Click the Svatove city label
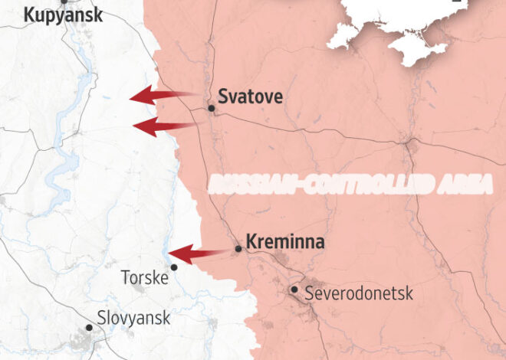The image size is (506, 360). point(251,97)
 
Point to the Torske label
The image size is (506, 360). point(145,277)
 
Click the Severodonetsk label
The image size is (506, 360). point(359,293)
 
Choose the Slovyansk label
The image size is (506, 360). point(133,317)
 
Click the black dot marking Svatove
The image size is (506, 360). point(212,109)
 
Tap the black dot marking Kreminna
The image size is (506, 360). point(238,249)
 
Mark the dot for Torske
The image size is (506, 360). point(174,267)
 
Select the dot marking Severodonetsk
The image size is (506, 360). point(294,290)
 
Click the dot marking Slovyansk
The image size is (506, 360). point(89,327)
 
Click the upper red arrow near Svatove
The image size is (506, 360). point(157,96)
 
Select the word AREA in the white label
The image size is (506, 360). point(463,184)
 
